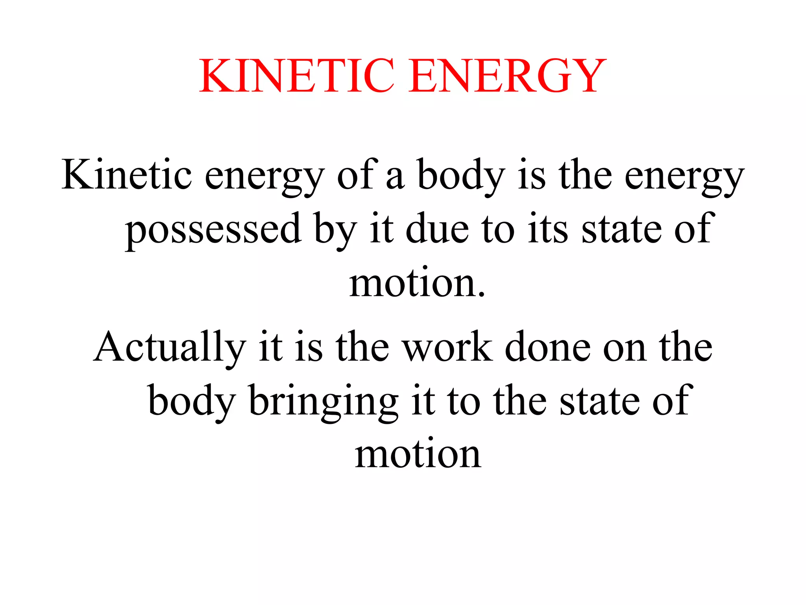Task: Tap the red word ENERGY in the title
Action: tap(507, 76)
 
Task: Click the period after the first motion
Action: tap(481, 293)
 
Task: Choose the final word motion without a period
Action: tap(418, 455)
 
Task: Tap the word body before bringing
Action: tap(192, 401)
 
